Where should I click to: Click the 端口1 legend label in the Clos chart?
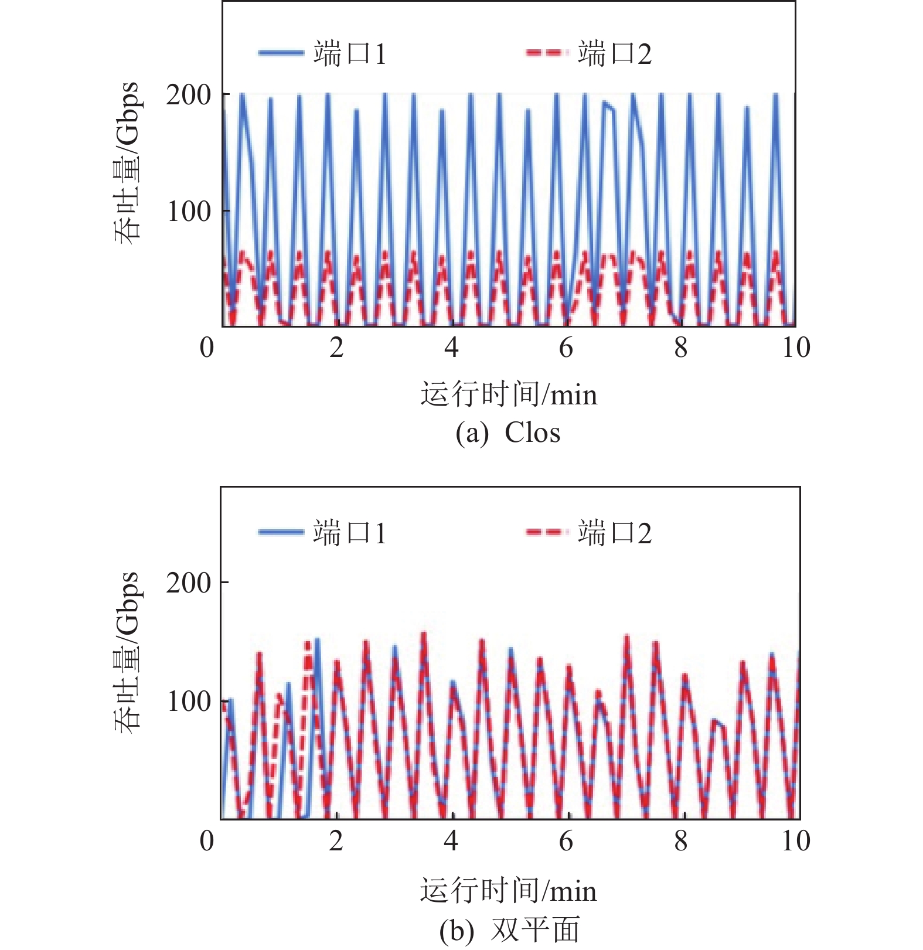coord(350,54)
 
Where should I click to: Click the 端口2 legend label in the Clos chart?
coord(614,54)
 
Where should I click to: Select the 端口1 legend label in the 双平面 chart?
coord(350,533)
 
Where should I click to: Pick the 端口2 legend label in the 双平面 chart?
coord(614,533)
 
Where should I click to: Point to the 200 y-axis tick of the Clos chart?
coord(188,95)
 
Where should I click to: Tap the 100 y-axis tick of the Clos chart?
coord(188,212)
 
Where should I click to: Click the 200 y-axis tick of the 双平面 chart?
coord(188,584)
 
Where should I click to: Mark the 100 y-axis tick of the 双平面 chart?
coord(188,702)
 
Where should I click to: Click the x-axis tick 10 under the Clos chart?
coord(796,348)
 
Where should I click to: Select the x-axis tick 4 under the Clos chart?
coord(451,348)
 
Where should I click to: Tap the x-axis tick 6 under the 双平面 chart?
coord(566,841)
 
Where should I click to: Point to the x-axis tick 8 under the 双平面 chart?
coord(680,841)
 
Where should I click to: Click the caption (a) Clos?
coord(508,433)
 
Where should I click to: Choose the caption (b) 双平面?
coord(509,930)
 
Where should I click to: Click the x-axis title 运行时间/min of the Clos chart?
coord(509,394)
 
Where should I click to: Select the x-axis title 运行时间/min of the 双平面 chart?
coord(509,891)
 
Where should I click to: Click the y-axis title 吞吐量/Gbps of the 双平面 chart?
coord(127,652)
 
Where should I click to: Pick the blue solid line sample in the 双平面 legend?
coord(281,533)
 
